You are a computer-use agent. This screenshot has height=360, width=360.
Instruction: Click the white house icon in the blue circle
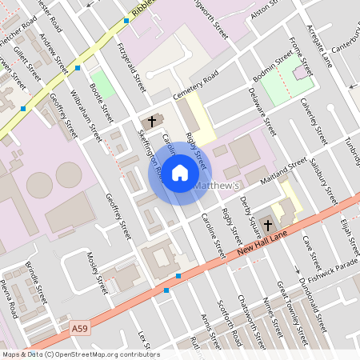(180, 173)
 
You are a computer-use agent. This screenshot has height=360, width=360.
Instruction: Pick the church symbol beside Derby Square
(267, 226)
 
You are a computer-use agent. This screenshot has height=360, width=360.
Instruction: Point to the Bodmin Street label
(273, 71)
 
